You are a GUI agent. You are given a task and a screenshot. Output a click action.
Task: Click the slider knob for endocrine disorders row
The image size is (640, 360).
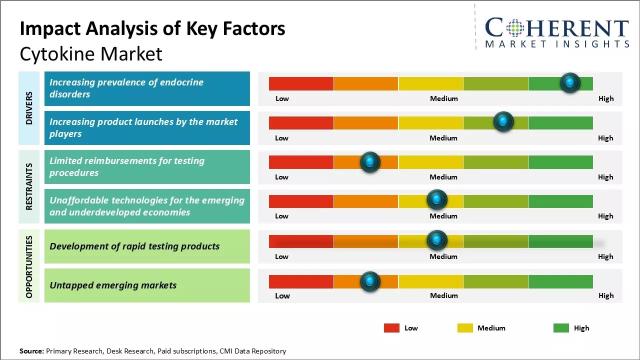tap(570, 83)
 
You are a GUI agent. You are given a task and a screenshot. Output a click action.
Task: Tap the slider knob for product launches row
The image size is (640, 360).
tap(503, 122)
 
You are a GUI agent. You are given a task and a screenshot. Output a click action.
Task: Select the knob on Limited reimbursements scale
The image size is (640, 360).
tap(370, 162)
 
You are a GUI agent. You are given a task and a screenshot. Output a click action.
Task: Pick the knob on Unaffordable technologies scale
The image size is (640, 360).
tap(437, 200)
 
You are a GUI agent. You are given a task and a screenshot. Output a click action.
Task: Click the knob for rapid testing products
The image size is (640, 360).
tap(437, 240)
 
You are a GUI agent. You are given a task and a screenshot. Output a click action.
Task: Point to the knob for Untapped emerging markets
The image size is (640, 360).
tap(370, 282)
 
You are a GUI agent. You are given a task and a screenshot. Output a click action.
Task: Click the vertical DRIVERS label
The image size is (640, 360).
tap(29, 108)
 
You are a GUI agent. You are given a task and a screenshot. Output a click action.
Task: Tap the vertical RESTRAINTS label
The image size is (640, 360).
tap(29, 186)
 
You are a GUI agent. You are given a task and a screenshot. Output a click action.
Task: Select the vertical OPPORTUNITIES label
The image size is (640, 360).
tap(29, 266)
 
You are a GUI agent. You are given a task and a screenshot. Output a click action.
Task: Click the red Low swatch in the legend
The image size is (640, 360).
tap(391, 328)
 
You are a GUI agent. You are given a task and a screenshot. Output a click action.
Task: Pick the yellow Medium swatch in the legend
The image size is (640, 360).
tap(465, 328)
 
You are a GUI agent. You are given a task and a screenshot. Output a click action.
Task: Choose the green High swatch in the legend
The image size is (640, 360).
tap(561, 328)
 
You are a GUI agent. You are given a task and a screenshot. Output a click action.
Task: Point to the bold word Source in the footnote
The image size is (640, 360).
tap(31, 351)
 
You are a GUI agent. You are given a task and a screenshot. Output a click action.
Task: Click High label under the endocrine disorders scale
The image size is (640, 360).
tap(606, 98)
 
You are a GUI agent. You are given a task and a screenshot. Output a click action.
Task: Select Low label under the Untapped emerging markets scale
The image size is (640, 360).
tap(282, 295)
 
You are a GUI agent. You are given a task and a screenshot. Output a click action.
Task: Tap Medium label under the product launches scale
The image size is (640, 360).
tap(443, 138)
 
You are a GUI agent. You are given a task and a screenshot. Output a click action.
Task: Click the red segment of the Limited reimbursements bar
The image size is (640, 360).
tap(301, 162)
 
